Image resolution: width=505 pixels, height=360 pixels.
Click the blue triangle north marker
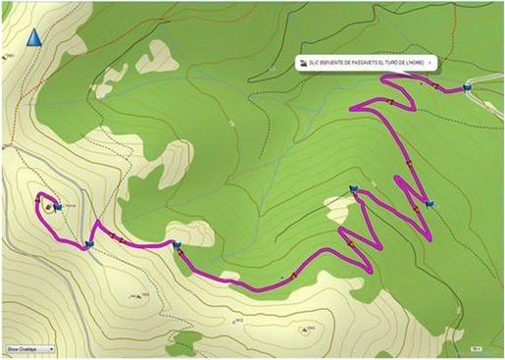click(x=34, y=38)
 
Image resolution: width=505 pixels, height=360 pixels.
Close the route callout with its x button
click(x=430, y=62)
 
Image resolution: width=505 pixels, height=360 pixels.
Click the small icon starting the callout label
click(x=302, y=62)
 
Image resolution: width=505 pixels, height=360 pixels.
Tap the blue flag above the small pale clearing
click(x=353, y=190)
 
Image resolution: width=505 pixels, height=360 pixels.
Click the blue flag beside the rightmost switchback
click(x=432, y=205)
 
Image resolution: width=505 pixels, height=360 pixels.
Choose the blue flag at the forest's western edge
click(x=177, y=245)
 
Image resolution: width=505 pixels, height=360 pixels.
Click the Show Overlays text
click(x=22, y=347)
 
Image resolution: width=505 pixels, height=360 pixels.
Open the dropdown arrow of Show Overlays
click(x=50, y=347)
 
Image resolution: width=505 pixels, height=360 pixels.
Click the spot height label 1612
click(x=237, y=320)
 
